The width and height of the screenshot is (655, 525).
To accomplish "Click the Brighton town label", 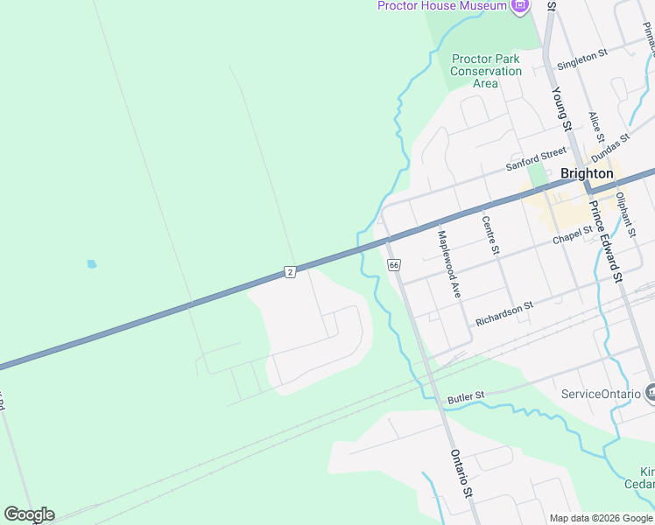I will (x=586, y=173).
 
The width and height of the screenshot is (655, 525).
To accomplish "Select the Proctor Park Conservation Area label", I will (x=485, y=71).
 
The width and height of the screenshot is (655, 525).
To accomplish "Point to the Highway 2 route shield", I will (x=290, y=272).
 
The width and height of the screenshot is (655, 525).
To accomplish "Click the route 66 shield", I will (x=393, y=264).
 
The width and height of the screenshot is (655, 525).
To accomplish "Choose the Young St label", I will (x=560, y=109).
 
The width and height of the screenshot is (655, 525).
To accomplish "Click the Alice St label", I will (x=596, y=126).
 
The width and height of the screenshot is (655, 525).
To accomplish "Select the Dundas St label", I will (x=610, y=146).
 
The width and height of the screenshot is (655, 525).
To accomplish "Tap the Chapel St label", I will (x=573, y=235).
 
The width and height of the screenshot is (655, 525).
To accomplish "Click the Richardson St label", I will (x=504, y=315).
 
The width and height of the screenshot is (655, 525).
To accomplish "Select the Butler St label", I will (x=466, y=398).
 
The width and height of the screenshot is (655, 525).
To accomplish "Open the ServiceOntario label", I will (x=602, y=394).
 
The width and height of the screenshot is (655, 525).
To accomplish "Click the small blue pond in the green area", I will (x=92, y=263).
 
